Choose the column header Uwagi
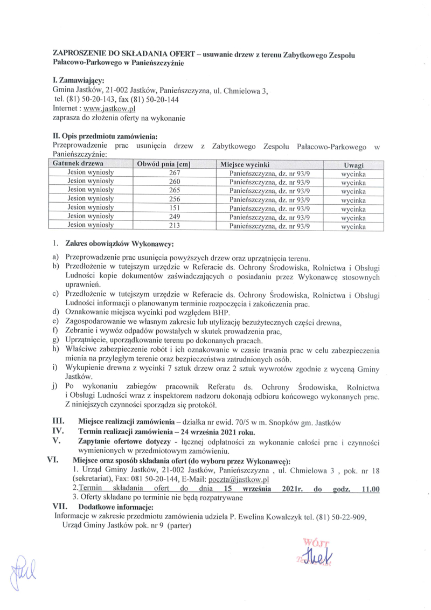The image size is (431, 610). click(353, 164)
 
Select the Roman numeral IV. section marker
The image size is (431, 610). click(58, 432)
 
